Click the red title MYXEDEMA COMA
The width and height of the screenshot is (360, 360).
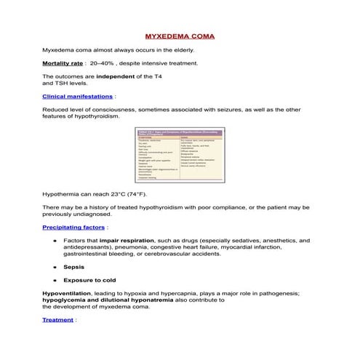pyautogui.click(x=180, y=35)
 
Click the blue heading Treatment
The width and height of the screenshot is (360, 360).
pyautogui.click(x=57, y=319)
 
